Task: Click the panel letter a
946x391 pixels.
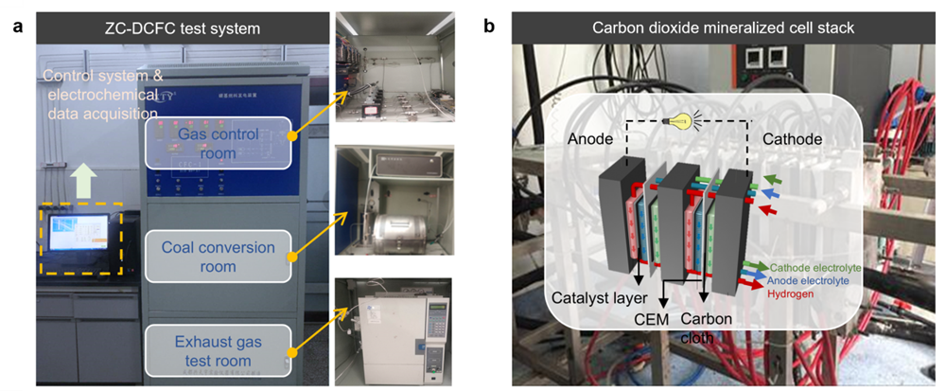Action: pyautogui.click(x=17, y=27)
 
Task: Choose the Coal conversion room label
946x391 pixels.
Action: pyautogui.click(x=217, y=257)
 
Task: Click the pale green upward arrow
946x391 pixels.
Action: pyautogui.click(x=81, y=176)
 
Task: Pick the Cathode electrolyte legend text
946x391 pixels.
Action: pyautogui.click(x=821, y=267)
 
